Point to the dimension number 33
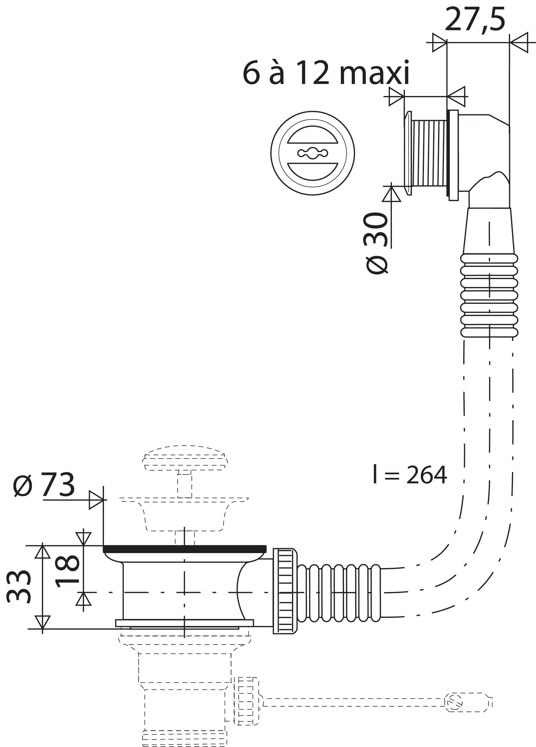pos(19,587)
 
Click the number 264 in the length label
pos(427,475)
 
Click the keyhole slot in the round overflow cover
pos(312,153)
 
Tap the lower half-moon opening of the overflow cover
pos(312,170)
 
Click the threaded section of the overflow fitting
pos(429,153)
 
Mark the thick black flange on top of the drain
pos(185,549)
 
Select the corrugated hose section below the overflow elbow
pos(489,295)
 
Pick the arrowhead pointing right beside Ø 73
pos(96,500)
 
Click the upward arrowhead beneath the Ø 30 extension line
pos(391,194)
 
